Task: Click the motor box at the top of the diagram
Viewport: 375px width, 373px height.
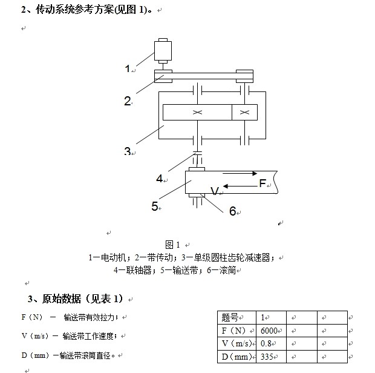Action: coord(163,50)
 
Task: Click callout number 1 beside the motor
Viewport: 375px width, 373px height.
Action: coord(128,69)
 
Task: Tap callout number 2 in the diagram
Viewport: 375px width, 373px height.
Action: coord(128,101)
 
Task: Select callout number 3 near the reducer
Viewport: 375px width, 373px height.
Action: coord(128,151)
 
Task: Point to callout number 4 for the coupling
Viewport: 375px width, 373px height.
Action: coord(160,179)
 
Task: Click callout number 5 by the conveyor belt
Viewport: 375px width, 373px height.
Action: coord(155,206)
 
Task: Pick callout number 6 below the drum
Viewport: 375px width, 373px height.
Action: coord(232,211)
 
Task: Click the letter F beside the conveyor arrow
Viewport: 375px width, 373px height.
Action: coord(263,183)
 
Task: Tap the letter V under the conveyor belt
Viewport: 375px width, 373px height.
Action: coord(214,191)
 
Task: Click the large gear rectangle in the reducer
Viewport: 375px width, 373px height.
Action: coord(197,113)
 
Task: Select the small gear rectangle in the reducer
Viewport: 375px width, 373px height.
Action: coord(244,113)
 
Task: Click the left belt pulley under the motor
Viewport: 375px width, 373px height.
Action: coord(163,75)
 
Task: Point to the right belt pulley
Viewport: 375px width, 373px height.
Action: coord(244,75)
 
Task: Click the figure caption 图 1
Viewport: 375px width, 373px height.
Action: coord(173,245)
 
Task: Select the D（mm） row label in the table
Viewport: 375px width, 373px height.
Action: coord(236,357)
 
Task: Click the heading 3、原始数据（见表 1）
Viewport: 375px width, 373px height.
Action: coord(75,299)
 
